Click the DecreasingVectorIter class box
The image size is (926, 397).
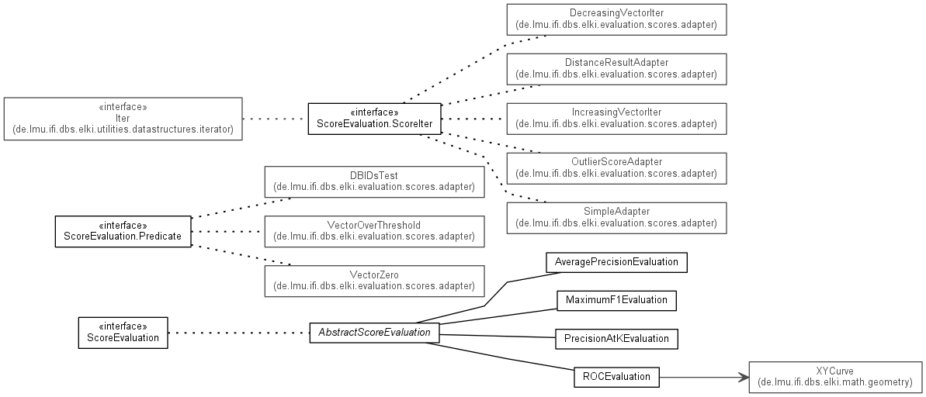coord(616,19)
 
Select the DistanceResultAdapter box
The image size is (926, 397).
coord(616,69)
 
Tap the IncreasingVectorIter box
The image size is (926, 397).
coord(616,119)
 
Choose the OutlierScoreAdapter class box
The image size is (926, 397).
coord(616,167)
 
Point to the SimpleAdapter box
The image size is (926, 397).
coord(616,217)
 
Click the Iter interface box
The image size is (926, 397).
coord(123,119)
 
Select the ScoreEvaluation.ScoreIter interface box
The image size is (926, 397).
coord(374,119)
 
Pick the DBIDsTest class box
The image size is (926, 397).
coord(373,181)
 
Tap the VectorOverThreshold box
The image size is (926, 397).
coord(373,231)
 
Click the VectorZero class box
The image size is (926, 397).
coord(373,280)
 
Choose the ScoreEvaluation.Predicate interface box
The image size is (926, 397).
coord(123,231)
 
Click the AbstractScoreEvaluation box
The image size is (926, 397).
coord(374,333)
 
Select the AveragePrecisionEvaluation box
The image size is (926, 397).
coord(616,262)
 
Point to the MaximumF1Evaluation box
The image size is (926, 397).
coord(616,300)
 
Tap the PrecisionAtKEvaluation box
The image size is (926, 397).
coord(616,339)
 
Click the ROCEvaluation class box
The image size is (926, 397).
coord(616,378)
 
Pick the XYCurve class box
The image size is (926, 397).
coord(834,377)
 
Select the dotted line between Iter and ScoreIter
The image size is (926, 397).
coord(275,119)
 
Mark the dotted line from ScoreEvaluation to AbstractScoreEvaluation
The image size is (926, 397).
coord(238,333)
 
